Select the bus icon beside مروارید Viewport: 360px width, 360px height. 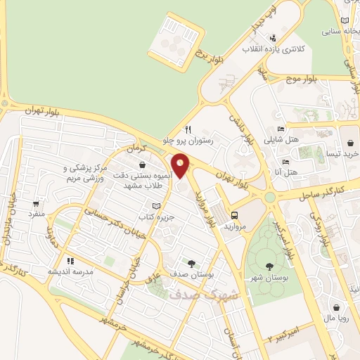[234, 216]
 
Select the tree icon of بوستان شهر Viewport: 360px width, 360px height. [270, 266]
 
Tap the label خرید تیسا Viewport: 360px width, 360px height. [345, 153]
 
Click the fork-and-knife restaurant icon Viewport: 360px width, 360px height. [188, 129]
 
